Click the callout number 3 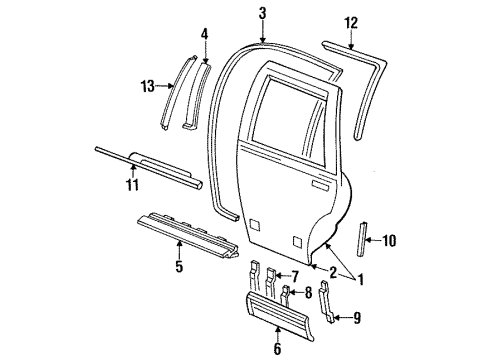(261, 13)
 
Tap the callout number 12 (350, 21)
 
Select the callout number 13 (146, 87)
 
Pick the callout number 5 (179, 267)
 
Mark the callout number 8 (308, 293)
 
